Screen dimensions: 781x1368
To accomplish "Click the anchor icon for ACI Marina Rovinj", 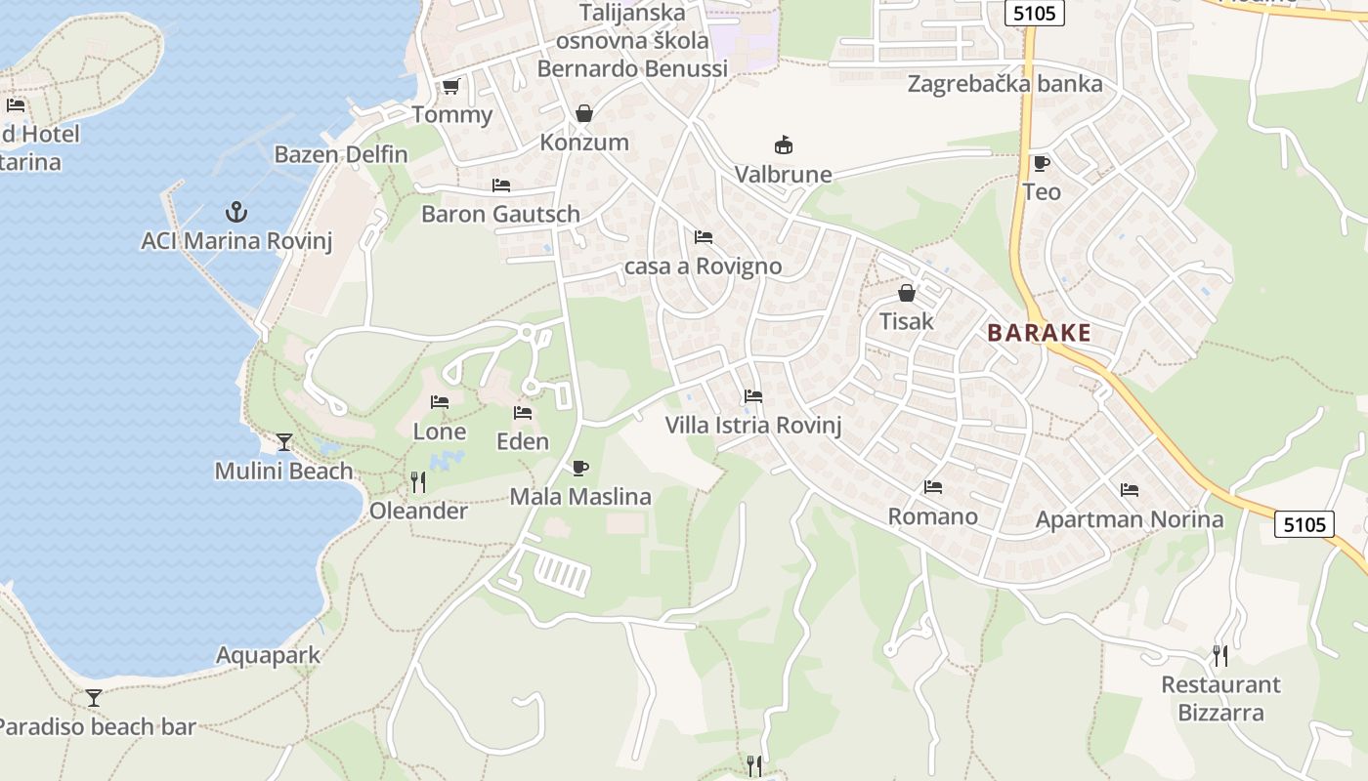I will (x=235, y=211).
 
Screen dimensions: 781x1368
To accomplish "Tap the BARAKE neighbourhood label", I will (x=1039, y=333).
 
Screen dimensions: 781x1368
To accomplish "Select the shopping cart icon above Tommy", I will (x=450, y=87).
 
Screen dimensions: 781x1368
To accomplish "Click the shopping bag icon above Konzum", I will (x=584, y=113).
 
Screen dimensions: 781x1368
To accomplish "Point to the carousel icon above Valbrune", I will (x=783, y=145).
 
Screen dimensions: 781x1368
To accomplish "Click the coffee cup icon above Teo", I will (x=1041, y=163).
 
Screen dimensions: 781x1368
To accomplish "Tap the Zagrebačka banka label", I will (x=1005, y=84).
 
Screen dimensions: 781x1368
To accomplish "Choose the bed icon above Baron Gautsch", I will (x=501, y=185).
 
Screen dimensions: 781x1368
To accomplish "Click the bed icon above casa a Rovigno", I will (x=703, y=237).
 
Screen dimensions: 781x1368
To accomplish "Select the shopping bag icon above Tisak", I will (x=907, y=292).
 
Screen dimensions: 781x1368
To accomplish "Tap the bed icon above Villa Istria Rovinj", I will (x=752, y=396).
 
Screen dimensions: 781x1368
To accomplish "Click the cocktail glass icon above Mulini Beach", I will (x=283, y=442).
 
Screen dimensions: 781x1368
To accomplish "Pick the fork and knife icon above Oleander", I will (x=418, y=481).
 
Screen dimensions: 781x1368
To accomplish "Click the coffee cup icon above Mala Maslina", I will (x=579, y=468).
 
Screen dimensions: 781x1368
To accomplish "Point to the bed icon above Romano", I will (x=932, y=487).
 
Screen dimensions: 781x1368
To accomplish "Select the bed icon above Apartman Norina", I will (x=1130, y=490).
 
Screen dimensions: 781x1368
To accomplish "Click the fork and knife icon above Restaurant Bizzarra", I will (x=1220, y=655).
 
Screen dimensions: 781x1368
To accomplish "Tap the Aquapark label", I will (x=268, y=655).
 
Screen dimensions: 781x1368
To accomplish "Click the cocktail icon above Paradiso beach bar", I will (x=94, y=698).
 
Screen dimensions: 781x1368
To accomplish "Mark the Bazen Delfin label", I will (x=341, y=154).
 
